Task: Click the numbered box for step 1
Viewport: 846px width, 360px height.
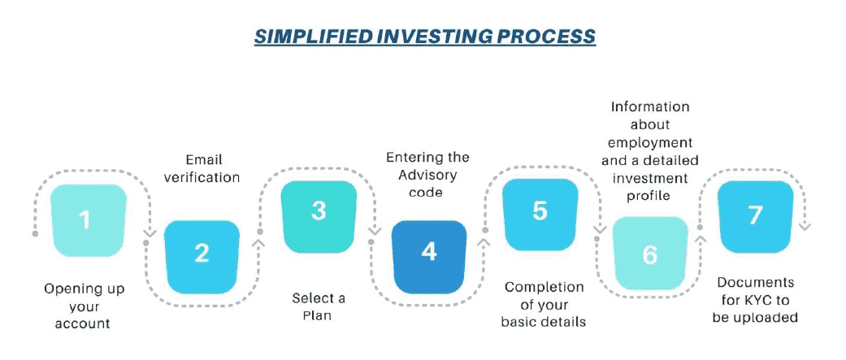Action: pos(88,220)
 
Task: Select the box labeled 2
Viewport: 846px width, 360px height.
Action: pos(202,257)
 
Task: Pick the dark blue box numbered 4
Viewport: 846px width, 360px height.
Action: pos(429,257)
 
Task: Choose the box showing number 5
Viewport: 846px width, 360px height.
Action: pos(540,215)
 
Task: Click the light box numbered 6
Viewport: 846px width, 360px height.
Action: pos(650,254)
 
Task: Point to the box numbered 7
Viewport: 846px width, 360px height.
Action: pos(755,217)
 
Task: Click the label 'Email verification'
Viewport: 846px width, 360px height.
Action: pos(202,168)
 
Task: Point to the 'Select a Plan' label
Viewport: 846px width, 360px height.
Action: pos(319,306)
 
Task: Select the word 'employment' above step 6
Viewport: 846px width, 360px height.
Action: pos(651,142)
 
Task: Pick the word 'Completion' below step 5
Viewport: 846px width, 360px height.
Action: pos(544,288)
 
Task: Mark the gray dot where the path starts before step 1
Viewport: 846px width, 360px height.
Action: pos(36,234)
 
